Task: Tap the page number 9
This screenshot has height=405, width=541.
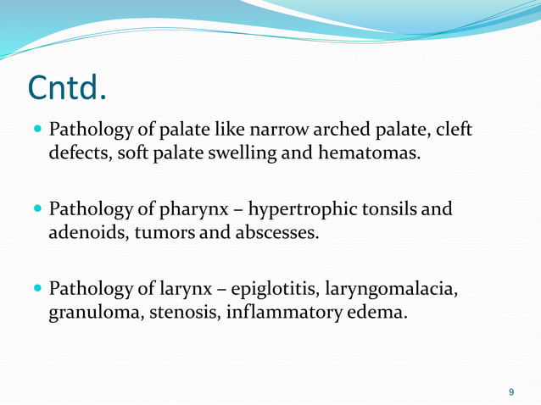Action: coord(510,391)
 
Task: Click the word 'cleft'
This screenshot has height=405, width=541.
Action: coord(452,131)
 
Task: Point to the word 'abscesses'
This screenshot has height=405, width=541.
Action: coord(276,232)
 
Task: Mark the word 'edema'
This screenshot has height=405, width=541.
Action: coord(375,313)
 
